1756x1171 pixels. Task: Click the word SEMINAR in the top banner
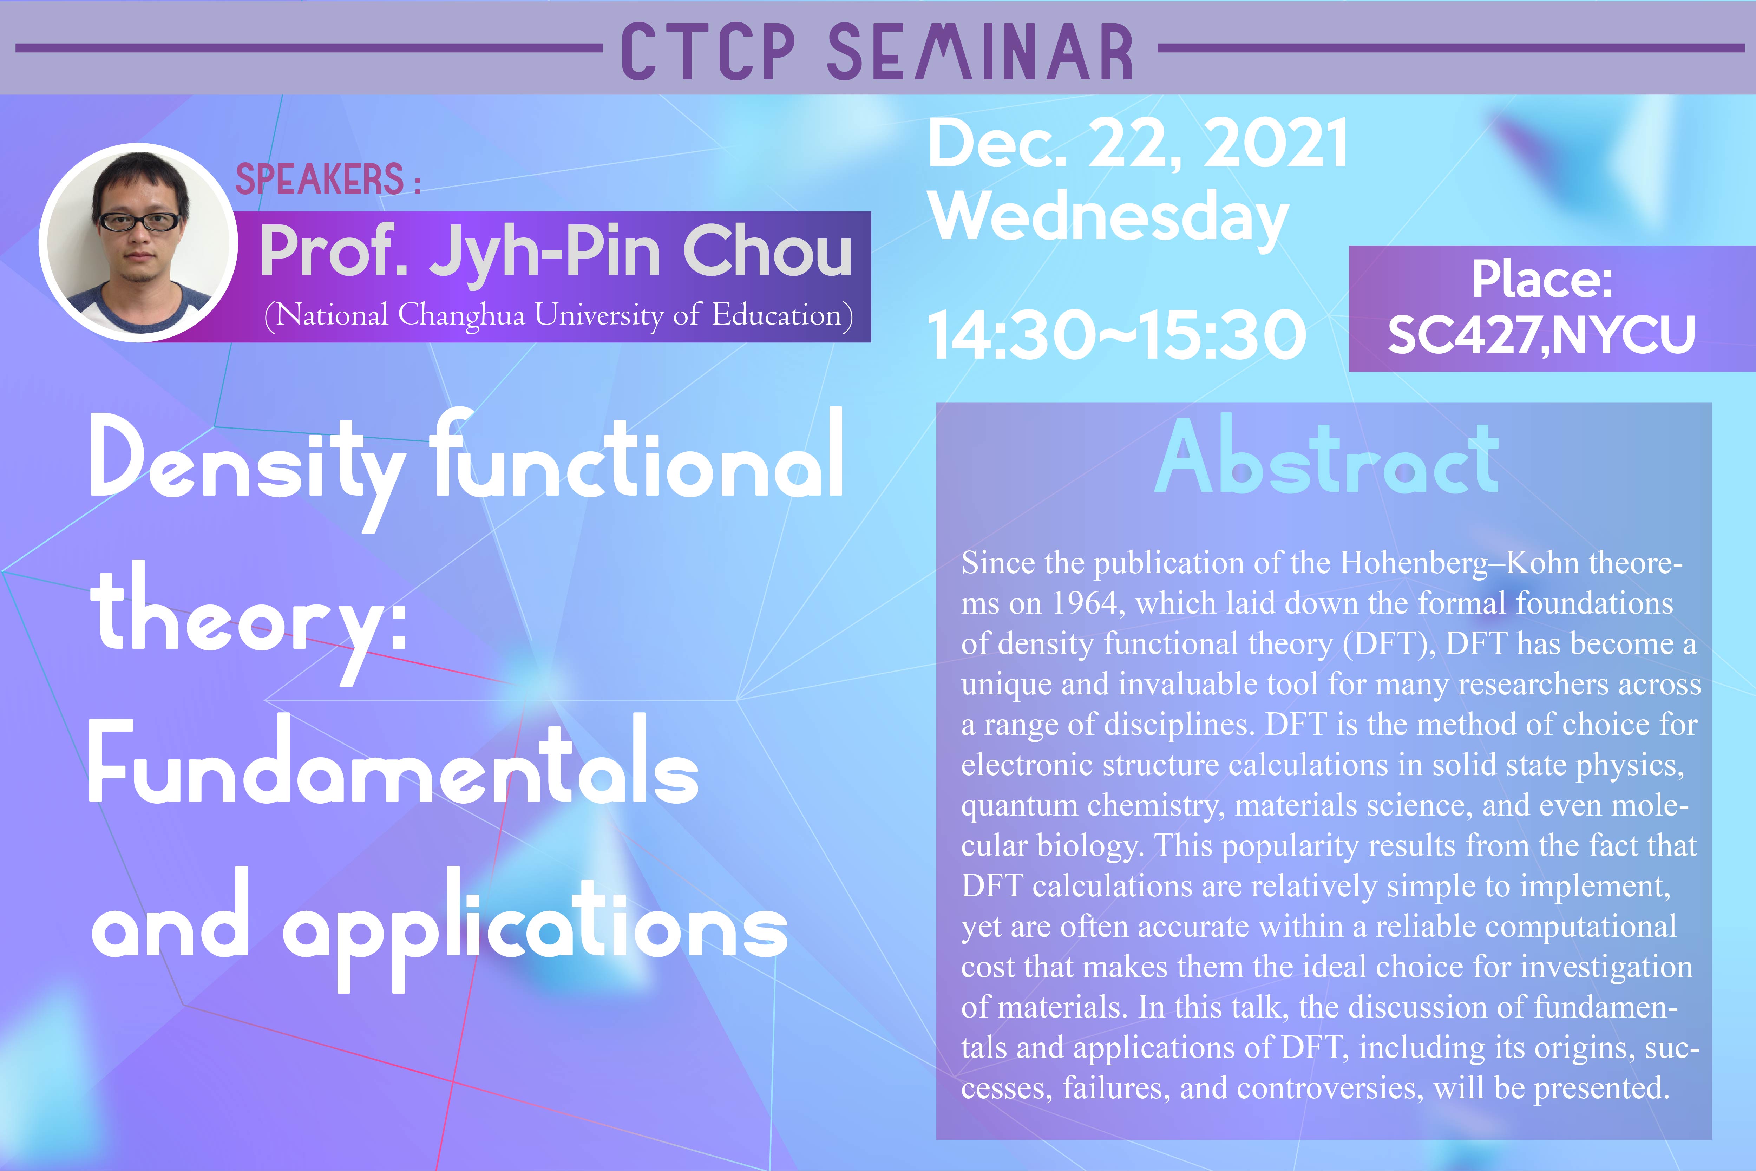pos(979,51)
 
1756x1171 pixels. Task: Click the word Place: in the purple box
pos(1542,281)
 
